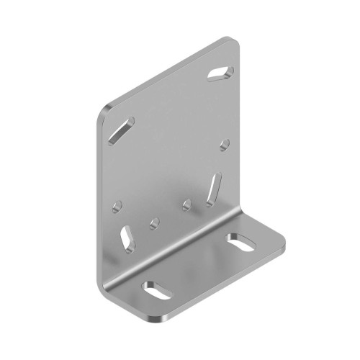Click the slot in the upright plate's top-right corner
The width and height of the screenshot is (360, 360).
coord(220,71)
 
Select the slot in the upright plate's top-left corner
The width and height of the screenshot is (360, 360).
coord(120,130)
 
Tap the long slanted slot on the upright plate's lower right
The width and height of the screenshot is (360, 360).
coord(214,189)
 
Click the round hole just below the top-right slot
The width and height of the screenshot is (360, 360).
coord(225,144)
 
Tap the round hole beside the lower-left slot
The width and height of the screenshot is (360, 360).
coord(153,222)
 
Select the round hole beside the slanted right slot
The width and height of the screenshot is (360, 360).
coord(187,205)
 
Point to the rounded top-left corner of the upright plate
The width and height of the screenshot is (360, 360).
coord(103,112)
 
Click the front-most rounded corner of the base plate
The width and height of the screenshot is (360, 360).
coord(165,318)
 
